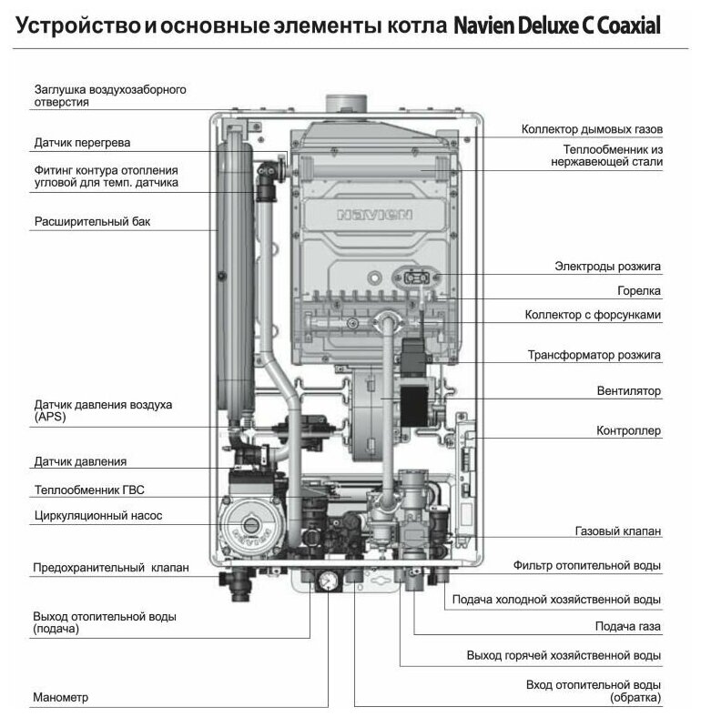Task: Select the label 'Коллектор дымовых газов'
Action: tap(592, 129)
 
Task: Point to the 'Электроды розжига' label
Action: tap(607, 267)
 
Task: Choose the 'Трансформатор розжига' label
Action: tap(594, 354)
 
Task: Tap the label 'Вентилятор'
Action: tap(628, 391)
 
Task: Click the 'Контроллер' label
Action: tap(628, 430)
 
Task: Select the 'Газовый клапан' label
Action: tap(617, 530)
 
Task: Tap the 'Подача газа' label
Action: tap(627, 627)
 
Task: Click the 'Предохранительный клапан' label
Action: tap(111, 568)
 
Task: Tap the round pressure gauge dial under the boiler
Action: tap(323, 580)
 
